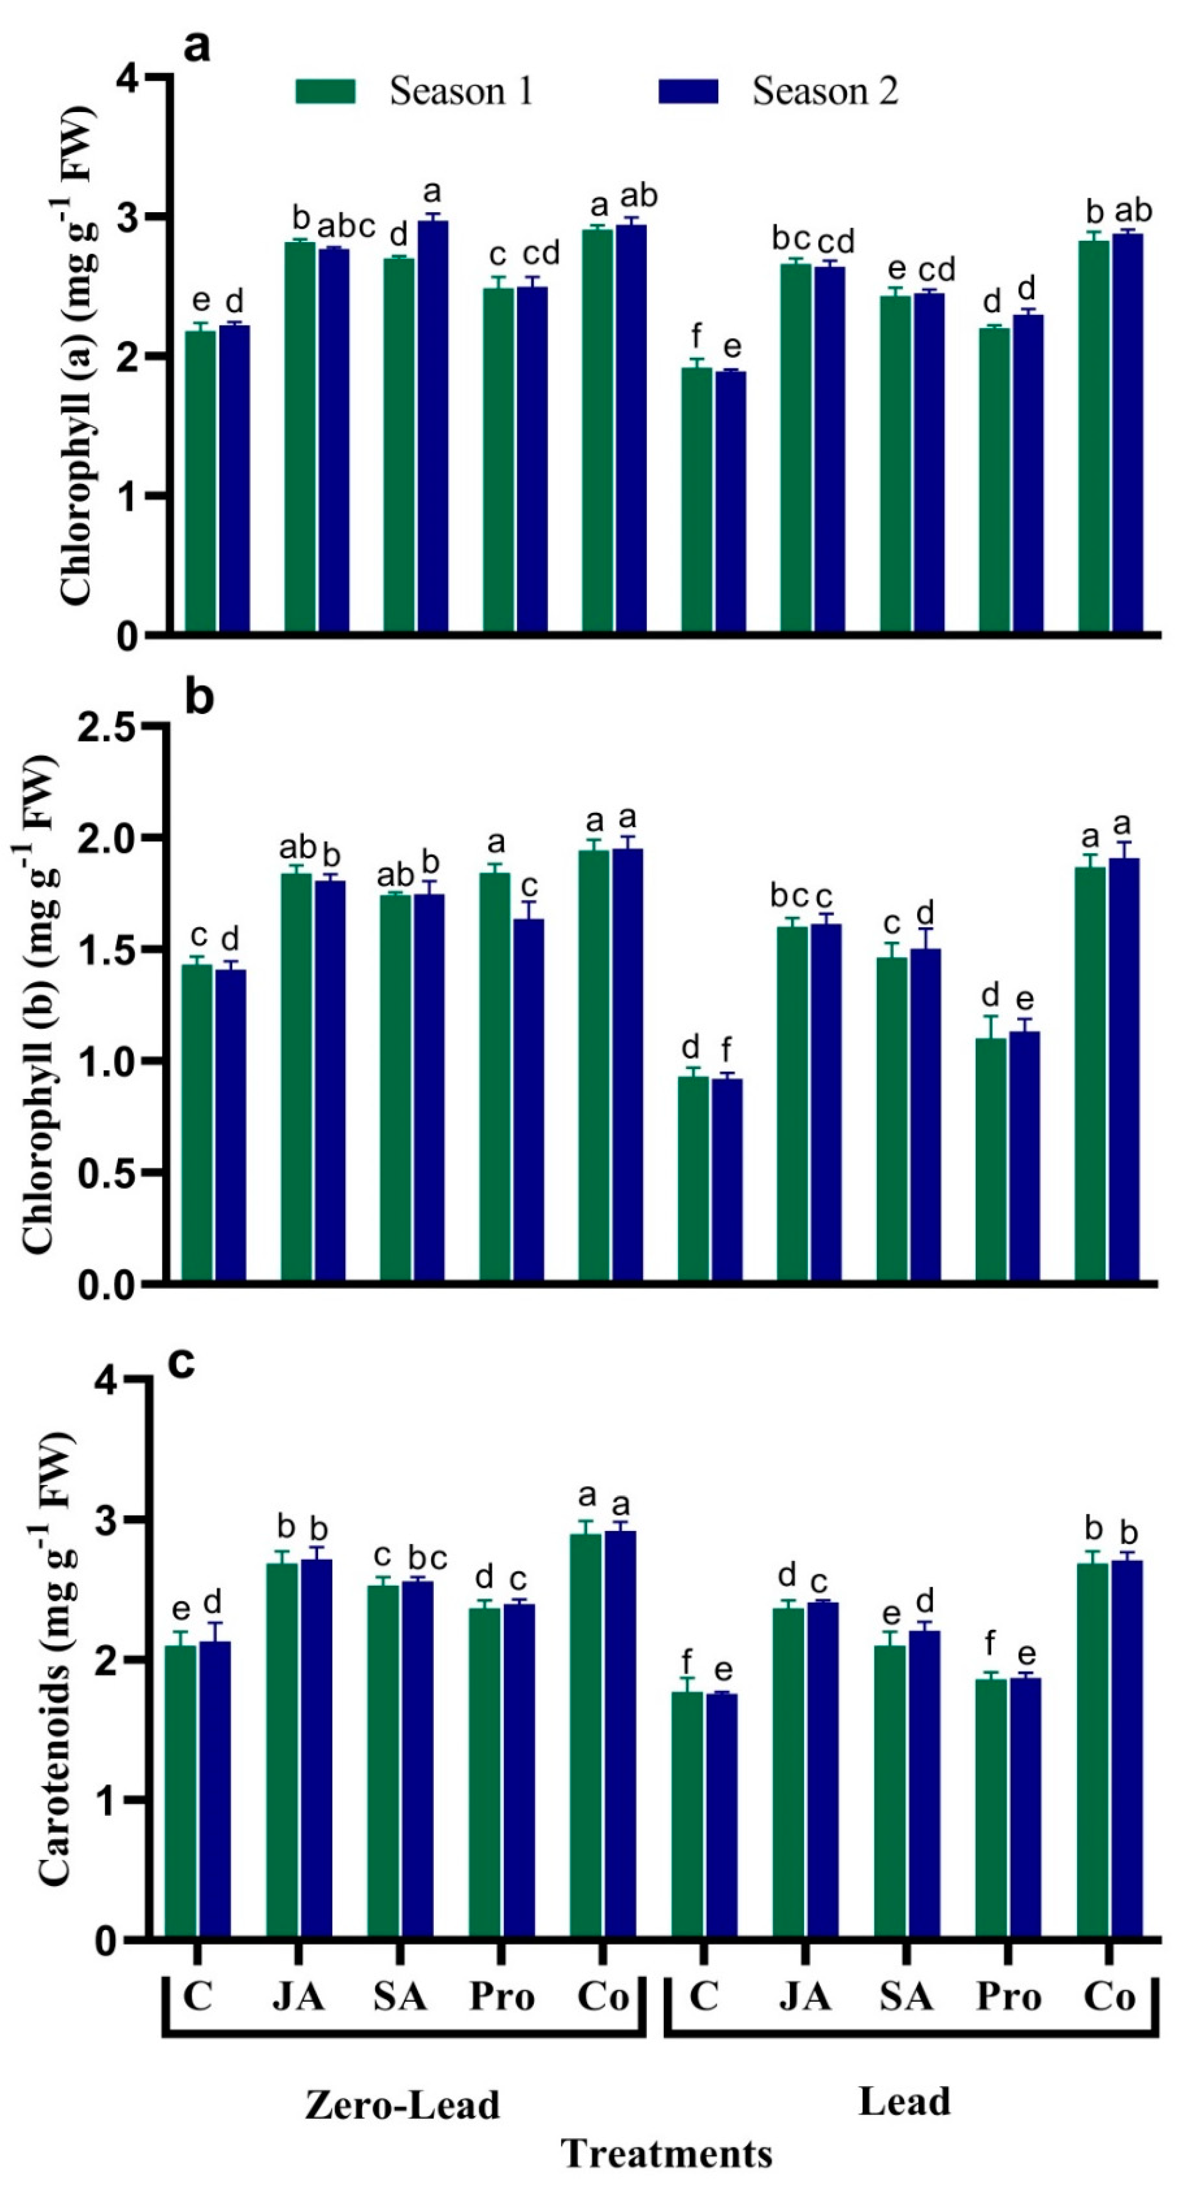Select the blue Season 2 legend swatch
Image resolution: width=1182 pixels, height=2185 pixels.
coord(689,91)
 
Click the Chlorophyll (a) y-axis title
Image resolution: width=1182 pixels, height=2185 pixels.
coord(76,356)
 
